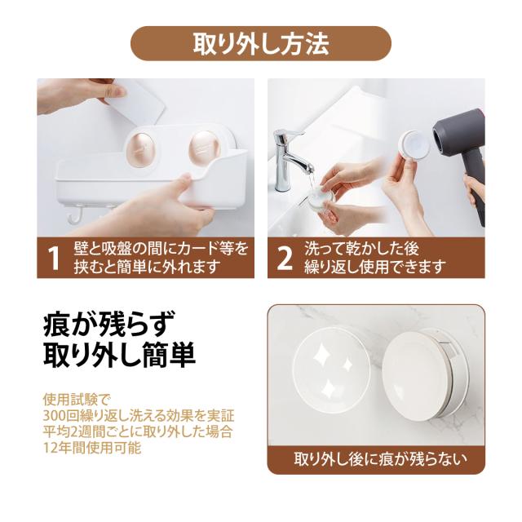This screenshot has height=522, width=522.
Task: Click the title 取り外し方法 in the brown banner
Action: pyautogui.click(x=261, y=43)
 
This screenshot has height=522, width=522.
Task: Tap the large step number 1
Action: pyautogui.click(x=53, y=259)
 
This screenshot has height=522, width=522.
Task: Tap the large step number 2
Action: pyautogui.click(x=285, y=259)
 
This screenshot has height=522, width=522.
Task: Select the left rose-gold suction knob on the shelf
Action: pyautogui.click(x=140, y=148)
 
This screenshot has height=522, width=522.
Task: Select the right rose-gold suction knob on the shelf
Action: pyautogui.click(x=204, y=148)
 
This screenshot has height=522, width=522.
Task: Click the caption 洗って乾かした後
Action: pyautogui.click(x=361, y=249)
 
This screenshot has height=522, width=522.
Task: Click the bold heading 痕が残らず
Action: pyautogui.click(x=109, y=323)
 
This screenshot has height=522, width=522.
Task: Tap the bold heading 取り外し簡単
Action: pyautogui.click(x=119, y=356)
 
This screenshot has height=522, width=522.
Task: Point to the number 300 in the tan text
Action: pyautogui.click(x=54, y=416)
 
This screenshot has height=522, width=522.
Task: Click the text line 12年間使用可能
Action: pyautogui.click(x=92, y=448)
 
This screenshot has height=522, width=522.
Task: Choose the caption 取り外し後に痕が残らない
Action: pyautogui.click(x=381, y=458)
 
